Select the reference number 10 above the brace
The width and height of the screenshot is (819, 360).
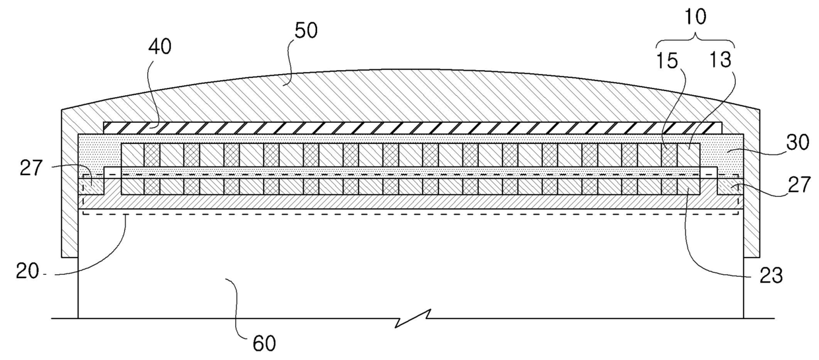696,17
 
